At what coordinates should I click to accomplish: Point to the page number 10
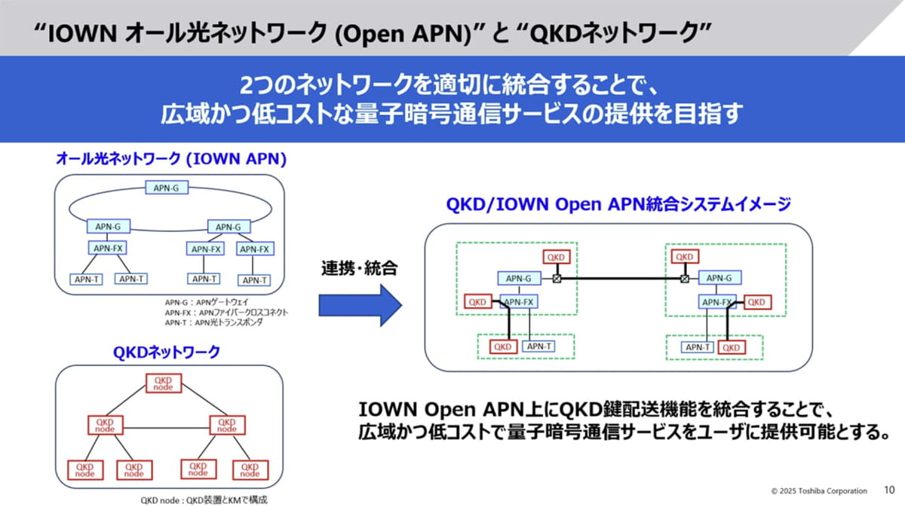click(x=889, y=490)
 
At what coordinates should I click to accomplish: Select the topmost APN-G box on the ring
click(x=165, y=188)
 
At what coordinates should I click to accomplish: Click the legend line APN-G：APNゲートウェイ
click(x=201, y=301)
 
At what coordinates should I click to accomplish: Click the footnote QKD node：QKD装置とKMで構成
click(x=204, y=499)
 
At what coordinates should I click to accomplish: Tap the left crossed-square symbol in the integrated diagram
click(x=557, y=279)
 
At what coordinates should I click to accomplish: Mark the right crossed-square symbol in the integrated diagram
click(x=684, y=279)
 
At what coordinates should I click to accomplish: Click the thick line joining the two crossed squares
click(x=620, y=279)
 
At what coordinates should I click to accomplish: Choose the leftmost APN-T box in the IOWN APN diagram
click(x=86, y=279)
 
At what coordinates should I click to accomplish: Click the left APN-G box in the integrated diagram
click(x=519, y=278)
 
